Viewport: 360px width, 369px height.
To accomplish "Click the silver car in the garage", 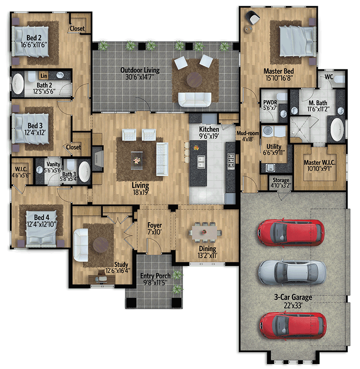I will pyautogui.click(x=292, y=271).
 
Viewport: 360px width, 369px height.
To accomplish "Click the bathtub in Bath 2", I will pyautogui.click(x=18, y=84).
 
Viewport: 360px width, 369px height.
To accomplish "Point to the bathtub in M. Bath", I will pyautogui.click(x=337, y=129).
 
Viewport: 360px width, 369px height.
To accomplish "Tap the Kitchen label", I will pyautogui.click(x=209, y=130).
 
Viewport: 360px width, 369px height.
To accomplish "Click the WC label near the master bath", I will pyautogui.click(x=329, y=77).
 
